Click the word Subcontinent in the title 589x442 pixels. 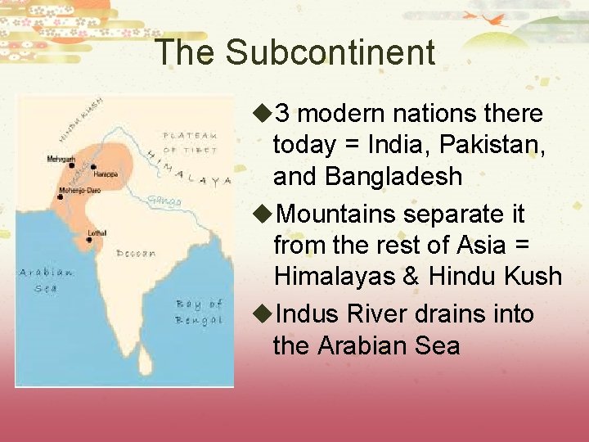coord(330,52)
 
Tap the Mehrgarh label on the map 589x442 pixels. coord(61,159)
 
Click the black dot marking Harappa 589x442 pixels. coord(93,167)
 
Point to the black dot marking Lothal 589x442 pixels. coord(88,240)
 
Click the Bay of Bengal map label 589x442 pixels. coord(198,312)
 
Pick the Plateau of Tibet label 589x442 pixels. coord(190,142)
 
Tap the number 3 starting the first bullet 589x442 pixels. coord(281,113)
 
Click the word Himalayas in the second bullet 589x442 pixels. coord(335,276)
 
